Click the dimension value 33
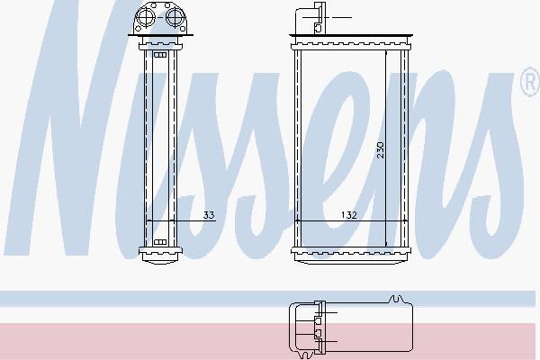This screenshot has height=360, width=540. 209,215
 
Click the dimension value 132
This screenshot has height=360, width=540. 348,215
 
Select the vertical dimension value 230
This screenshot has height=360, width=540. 380,149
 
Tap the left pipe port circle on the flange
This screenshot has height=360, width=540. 145,16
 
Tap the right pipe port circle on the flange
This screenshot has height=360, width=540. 175,16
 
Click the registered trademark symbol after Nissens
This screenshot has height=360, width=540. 530,82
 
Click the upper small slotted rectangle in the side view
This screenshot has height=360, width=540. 160,55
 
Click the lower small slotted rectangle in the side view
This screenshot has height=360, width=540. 160,242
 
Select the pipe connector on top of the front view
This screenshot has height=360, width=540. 310,18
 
